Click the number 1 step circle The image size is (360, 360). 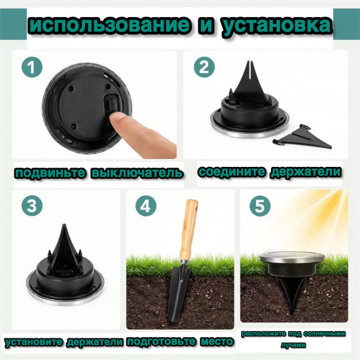click(32, 67)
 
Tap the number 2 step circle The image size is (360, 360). click(204, 67)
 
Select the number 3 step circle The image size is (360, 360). click(32, 205)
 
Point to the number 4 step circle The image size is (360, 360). click(146, 205)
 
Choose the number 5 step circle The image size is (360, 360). click(260, 205)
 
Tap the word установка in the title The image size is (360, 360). click(277, 26)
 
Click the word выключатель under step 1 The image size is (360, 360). click(137, 173)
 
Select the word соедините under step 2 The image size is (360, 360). click(231, 172)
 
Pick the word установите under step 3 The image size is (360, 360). click(34, 342)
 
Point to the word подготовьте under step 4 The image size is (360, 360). click(161, 342)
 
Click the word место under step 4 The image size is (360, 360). click(217, 342)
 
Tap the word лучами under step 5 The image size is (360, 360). click(293, 345)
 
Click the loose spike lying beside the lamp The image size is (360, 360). click(302, 137)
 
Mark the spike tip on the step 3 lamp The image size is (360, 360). click(64, 225)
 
